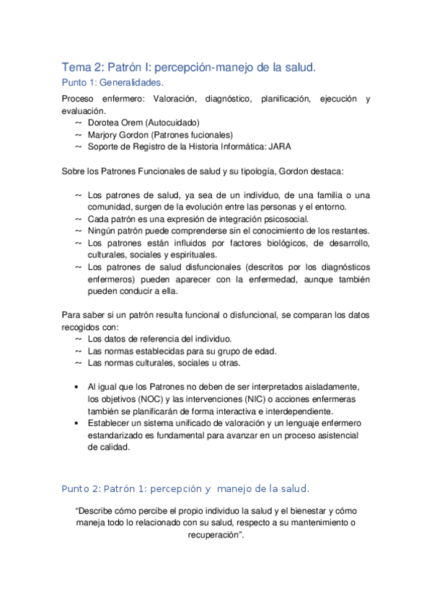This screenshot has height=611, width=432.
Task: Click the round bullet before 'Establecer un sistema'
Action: coord(77,423)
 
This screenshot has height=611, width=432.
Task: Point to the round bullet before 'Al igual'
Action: coord(77,387)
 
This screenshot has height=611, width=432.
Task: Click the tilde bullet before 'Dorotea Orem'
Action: coord(78,123)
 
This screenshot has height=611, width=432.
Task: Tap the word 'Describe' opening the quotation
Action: coord(99,511)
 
